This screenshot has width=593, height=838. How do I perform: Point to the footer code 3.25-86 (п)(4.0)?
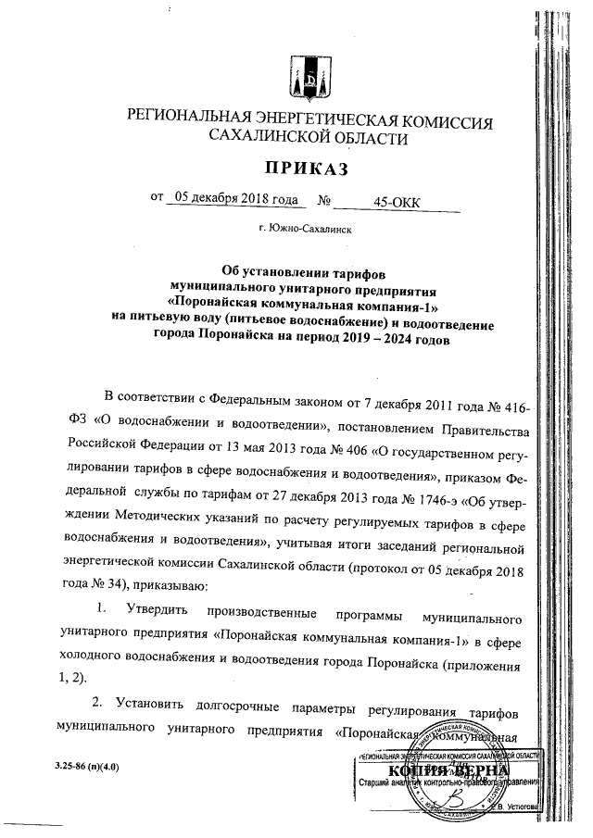(82, 769)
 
